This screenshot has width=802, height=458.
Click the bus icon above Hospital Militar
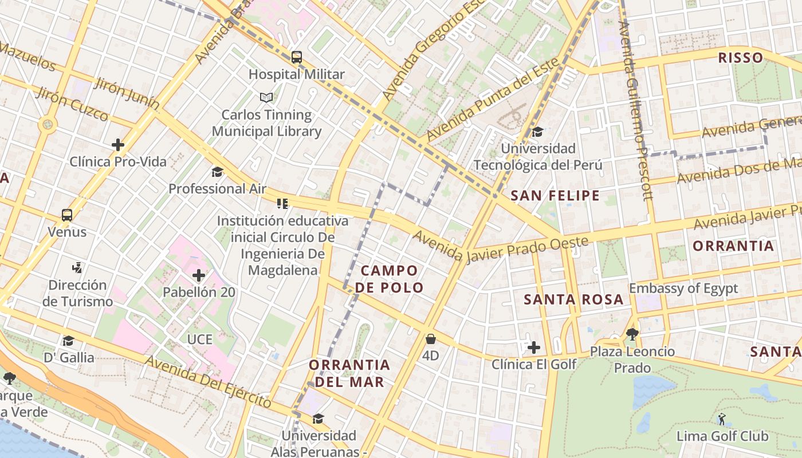click(297, 57)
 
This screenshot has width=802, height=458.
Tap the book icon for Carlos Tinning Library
click(266, 97)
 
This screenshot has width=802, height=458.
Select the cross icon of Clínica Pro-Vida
click(118, 145)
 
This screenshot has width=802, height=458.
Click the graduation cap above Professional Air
click(217, 172)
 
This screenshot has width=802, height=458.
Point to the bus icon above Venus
click(67, 215)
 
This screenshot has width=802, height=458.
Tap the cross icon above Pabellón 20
click(199, 276)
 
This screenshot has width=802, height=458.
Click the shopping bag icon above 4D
click(430, 339)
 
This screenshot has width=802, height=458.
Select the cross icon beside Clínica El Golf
click(533, 348)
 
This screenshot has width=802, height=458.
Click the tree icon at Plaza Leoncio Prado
click(632, 334)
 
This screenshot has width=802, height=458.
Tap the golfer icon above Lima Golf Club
click(722, 419)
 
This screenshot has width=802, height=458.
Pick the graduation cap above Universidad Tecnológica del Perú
click(537, 132)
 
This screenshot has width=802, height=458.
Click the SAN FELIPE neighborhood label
click(555, 196)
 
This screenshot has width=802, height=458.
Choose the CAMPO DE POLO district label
click(390, 279)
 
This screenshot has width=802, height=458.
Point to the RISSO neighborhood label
click(740, 58)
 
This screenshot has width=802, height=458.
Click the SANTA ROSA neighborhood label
click(573, 299)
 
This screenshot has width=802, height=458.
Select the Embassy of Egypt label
click(683, 288)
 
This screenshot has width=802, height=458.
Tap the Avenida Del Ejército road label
click(208, 381)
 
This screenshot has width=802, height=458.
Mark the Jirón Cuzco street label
click(72, 105)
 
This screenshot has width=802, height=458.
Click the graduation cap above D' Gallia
click(68, 341)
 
